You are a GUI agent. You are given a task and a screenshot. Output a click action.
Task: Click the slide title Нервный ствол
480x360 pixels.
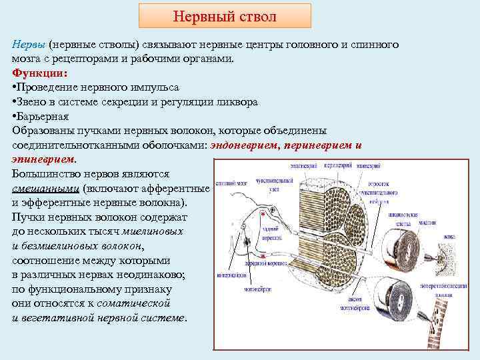point(225,15)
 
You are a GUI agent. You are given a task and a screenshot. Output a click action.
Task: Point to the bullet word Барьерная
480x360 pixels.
point(43,116)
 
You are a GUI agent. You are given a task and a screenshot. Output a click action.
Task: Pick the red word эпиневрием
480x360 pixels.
point(43,159)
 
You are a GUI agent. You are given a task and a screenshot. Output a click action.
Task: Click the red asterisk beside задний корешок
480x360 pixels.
point(263,215)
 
